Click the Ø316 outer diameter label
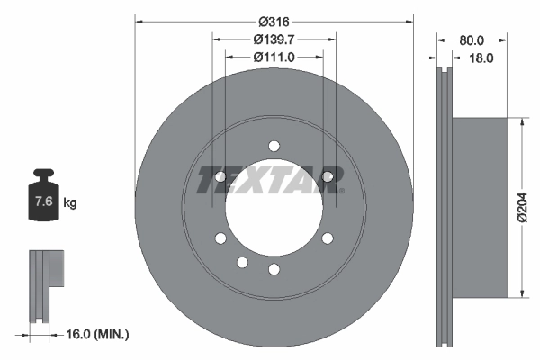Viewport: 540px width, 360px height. tap(274, 21)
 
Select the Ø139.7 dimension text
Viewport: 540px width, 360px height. tap(274, 40)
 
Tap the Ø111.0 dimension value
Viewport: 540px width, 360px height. tap(274, 58)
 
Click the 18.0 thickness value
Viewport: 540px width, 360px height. tap(482, 58)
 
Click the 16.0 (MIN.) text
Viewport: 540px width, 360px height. tap(100, 334)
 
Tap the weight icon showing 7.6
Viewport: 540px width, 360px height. tap(43, 200)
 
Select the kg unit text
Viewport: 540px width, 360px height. tap(70, 203)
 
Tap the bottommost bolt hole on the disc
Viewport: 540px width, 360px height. tap(274, 269)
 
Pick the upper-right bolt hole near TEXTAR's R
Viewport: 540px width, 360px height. tap(328, 175)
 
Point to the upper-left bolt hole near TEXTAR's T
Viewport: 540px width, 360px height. tap(220, 175)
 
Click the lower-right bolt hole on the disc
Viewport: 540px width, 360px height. tap(327, 238)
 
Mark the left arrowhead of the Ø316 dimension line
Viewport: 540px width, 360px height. tap(139, 21)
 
